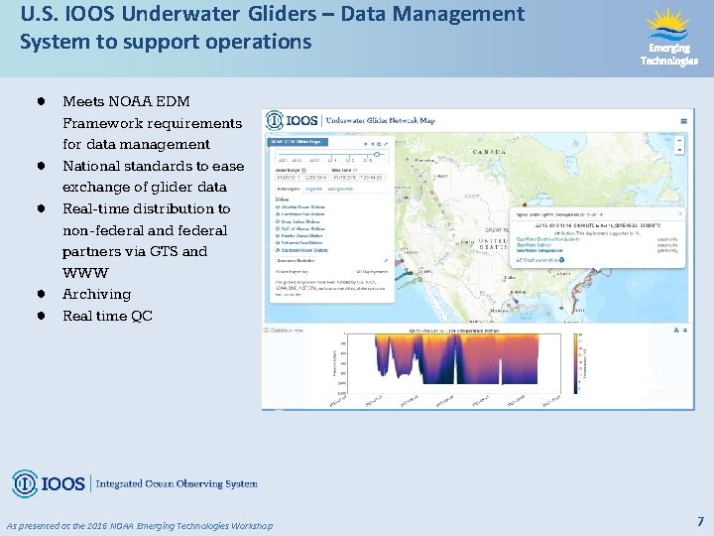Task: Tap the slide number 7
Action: [700, 521]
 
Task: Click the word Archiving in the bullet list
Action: [96, 294]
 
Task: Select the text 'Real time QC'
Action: [107, 316]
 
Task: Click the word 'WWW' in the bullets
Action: [84, 272]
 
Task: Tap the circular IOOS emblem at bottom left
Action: [25, 483]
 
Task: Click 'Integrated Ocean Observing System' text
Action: [177, 484]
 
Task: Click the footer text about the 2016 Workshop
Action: [139, 525]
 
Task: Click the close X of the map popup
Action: [596, 212]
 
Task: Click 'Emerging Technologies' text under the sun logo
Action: [668, 54]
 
